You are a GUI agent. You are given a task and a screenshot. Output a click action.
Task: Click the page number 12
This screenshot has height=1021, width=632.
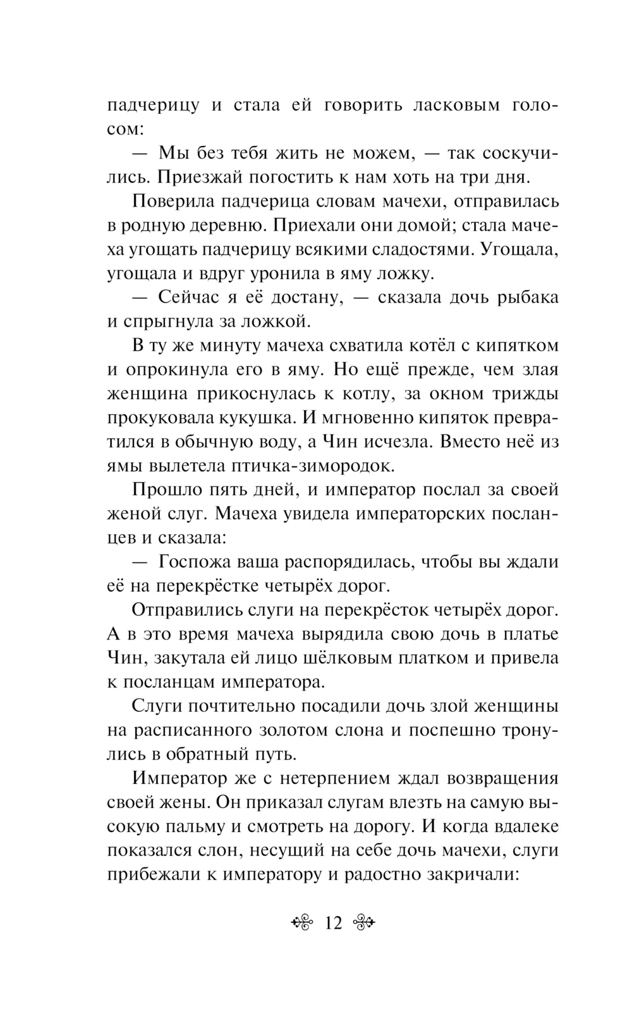(x=332, y=923)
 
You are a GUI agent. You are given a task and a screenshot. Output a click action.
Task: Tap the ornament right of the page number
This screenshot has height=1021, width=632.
(x=363, y=923)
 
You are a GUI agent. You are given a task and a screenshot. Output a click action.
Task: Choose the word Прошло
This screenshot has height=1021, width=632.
(x=167, y=490)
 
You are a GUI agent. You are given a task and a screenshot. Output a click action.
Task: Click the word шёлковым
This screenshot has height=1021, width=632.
(x=351, y=658)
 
